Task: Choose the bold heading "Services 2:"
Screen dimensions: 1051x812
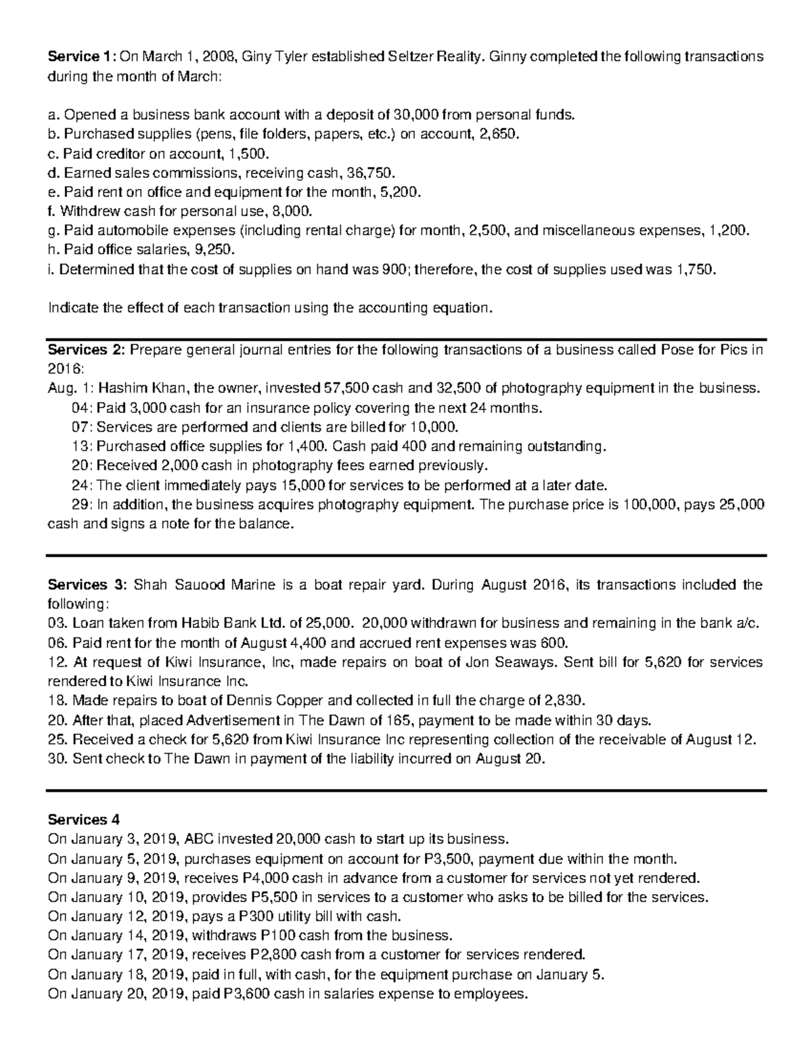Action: pyautogui.click(x=86, y=351)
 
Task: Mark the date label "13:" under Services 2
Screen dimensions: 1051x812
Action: pyautogui.click(x=81, y=447)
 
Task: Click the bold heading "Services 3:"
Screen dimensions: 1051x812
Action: pyautogui.click(x=87, y=585)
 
